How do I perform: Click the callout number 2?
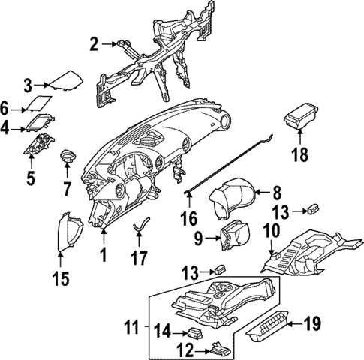tap(94, 44)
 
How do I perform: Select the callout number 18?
tap(300, 155)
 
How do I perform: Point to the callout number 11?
tap(133, 327)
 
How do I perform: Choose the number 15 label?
tap(60, 279)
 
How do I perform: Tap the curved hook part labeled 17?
tap(140, 226)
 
